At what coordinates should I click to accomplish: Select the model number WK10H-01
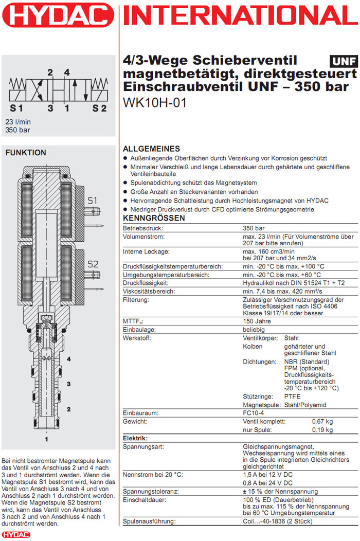(x=155, y=102)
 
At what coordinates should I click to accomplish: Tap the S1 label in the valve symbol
(x=16, y=109)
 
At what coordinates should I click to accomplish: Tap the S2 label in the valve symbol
(x=99, y=109)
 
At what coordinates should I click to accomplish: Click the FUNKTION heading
(x=26, y=153)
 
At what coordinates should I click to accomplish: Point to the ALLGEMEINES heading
(x=151, y=149)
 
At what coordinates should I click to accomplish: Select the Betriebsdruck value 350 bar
(x=254, y=228)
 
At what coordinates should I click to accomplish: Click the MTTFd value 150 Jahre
(x=257, y=321)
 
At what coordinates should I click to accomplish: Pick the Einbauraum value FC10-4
(x=255, y=413)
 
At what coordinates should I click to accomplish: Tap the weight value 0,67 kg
(x=322, y=421)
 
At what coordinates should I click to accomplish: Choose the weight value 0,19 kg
(x=322, y=430)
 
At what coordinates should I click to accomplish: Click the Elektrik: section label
(x=135, y=438)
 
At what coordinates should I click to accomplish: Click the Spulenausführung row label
(x=149, y=522)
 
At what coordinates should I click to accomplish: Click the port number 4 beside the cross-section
(x=68, y=358)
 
